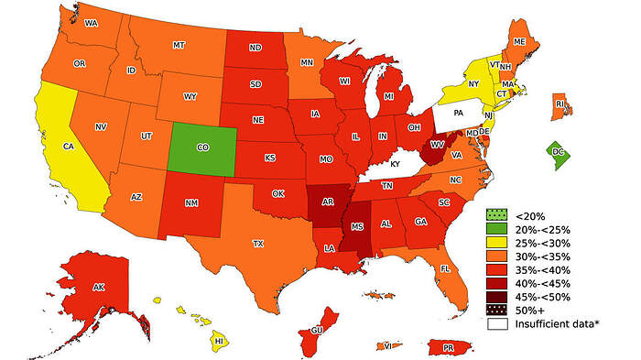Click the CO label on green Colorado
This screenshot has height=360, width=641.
point(202,147)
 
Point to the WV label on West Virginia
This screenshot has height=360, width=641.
point(438,145)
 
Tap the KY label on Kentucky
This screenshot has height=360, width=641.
point(396,163)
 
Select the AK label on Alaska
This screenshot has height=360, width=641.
point(99,287)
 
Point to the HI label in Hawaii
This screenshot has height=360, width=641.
point(219,341)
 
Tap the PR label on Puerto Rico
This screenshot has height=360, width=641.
point(449,348)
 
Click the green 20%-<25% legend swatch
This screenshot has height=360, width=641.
point(494,229)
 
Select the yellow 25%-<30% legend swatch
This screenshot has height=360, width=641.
point(494,243)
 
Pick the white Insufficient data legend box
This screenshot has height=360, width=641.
point(494,324)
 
